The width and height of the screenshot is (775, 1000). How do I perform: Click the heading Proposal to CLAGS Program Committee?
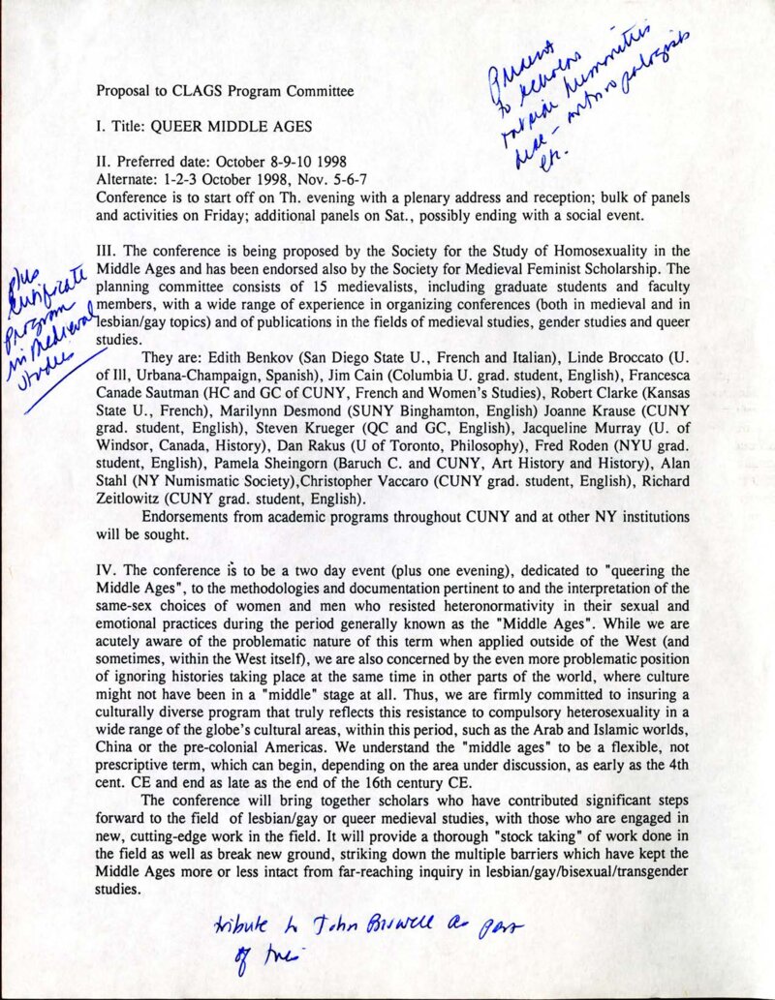point(225,93)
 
